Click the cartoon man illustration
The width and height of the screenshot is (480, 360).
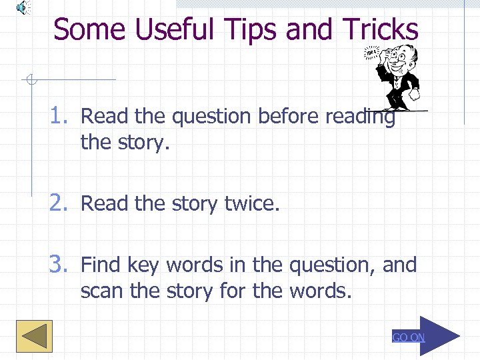[x=395, y=76]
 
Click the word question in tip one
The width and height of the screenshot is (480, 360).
[x=211, y=117]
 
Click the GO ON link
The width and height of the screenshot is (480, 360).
[x=408, y=337]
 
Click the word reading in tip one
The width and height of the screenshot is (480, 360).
[x=359, y=117]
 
